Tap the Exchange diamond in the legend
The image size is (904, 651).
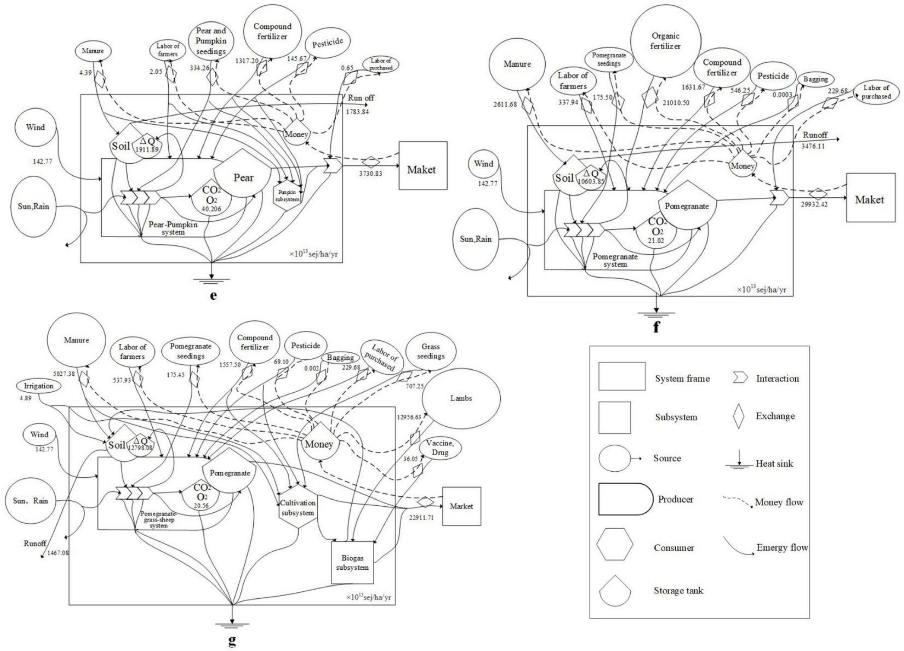pos(739,416)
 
